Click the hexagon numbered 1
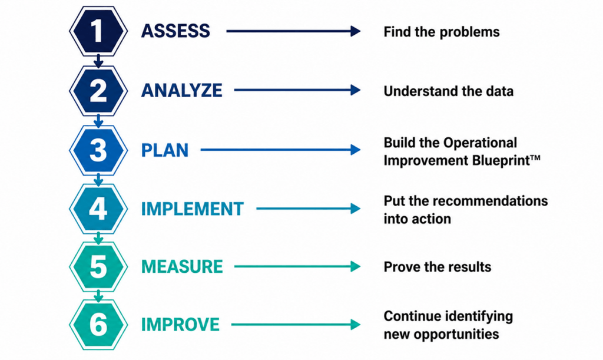pyautogui.click(x=98, y=31)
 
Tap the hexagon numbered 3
pyautogui.click(x=98, y=150)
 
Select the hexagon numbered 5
pyautogui.click(x=98, y=266)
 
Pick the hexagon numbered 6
pyautogui.click(x=98, y=325)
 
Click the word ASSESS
pyautogui.click(x=175, y=31)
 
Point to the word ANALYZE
pyautogui.click(x=182, y=90)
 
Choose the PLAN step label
pyautogui.click(x=165, y=150)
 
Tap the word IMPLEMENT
pyautogui.click(x=193, y=209)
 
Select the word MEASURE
pyautogui.click(x=183, y=266)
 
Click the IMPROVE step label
pyautogui.click(x=180, y=325)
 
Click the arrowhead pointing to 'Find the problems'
pyautogui.click(x=355, y=31)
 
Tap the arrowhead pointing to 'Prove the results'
pyautogui.click(x=355, y=266)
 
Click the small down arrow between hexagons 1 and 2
pyautogui.click(x=98, y=61)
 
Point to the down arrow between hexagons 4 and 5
pyautogui.click(x=98, y=238)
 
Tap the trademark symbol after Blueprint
pyautogui.click(x=535, y=158)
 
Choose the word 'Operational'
pyautogui.click(x=481, y=143)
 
